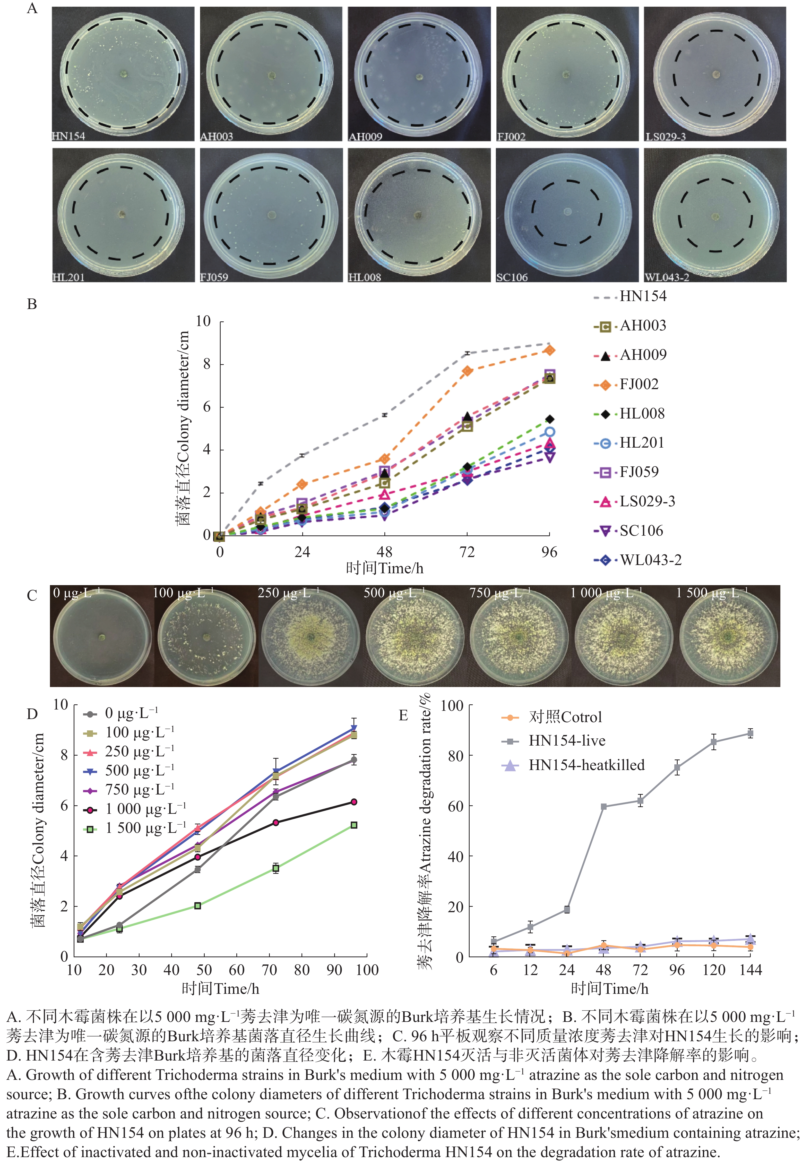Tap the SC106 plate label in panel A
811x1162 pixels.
pyautogui.click(x=512, y=277)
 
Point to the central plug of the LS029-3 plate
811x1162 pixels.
pyautogui.click(x=715, y=75)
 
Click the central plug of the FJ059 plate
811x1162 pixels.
pyautogui.click(x=272, y=215)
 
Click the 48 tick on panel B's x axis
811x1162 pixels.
pyautogui.click(x=384, y=552)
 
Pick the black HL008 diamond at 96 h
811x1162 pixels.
pyautogui.click(x=549, y=419)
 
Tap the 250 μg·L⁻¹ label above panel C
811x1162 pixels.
pyautogui.click(x=288, y=593)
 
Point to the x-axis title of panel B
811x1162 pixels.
pyautogui.click(x=384, y=568)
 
